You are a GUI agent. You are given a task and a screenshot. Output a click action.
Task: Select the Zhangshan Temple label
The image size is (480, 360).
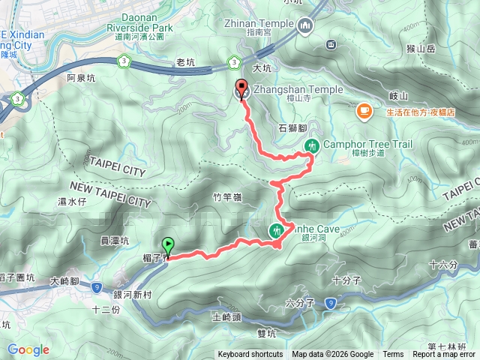pyautogui.click(x=299, y=89)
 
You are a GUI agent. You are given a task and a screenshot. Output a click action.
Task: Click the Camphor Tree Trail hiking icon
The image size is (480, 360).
pyautogui.click(x=313, y=145)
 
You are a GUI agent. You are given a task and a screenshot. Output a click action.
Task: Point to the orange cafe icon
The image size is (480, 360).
pyautogui.click(x=364, y=112)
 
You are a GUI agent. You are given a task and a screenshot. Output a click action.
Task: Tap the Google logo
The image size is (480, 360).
pyautogui.click(x=28, y=349)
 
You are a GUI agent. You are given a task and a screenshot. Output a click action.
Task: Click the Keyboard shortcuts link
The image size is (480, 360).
pyautogui.click(x=250, y=355)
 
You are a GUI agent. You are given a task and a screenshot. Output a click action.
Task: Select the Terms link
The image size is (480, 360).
pyautogui.click(x=393, y=355)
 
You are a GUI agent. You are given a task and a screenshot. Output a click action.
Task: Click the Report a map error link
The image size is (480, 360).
pyautogui.click(x=445, y=355)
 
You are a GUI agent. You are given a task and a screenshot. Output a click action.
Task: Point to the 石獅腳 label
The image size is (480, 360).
pyautogui.click(x=293, y=129)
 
